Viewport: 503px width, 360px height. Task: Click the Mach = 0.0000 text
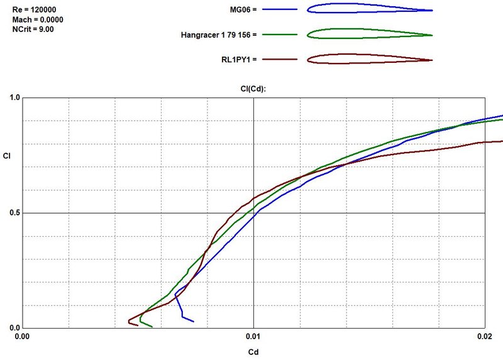coord(38,19)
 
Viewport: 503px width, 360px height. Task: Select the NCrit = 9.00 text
coord(33,30)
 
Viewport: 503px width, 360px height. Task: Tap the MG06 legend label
coord(244,10)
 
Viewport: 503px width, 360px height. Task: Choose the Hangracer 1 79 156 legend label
coord(218,35)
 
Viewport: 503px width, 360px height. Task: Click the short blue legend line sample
coord(279,10)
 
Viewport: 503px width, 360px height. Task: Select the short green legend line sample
coord(279,35)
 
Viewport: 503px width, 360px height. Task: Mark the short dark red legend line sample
coord(279,59)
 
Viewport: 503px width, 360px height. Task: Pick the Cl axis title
coord(6,155)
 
